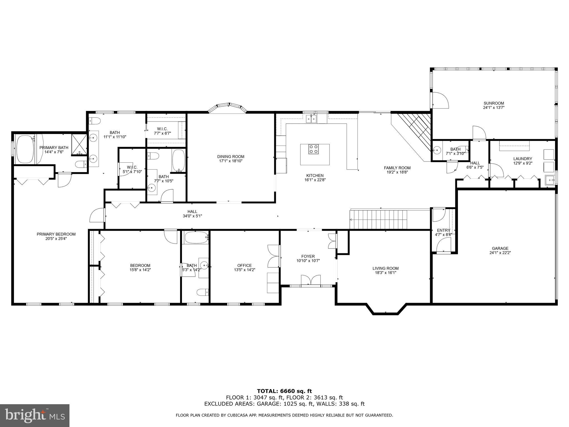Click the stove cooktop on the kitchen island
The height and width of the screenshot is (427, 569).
[314, 149]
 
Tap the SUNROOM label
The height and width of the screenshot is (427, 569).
[494, 103]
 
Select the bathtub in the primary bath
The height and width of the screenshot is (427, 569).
[25, 150]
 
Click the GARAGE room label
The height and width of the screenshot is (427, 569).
[500, 249]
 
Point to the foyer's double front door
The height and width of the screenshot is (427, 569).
[311, 280]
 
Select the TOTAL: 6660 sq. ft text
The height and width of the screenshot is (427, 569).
[284, 391]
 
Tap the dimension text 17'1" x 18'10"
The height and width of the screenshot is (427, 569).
[231, 161]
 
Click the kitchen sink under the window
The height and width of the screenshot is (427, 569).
[311, 119]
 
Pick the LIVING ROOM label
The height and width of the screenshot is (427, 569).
[385, 268]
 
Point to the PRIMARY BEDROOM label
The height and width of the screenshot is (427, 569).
[56, 234]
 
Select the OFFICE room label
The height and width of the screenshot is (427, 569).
[244, 265]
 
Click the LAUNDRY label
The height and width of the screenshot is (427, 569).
[523, 159]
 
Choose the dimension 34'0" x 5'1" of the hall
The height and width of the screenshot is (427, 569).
[192, 216]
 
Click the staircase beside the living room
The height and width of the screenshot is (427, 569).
[378, 219]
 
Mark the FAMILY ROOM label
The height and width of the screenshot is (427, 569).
[397, 168]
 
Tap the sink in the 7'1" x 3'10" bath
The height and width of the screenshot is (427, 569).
[436, 150]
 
